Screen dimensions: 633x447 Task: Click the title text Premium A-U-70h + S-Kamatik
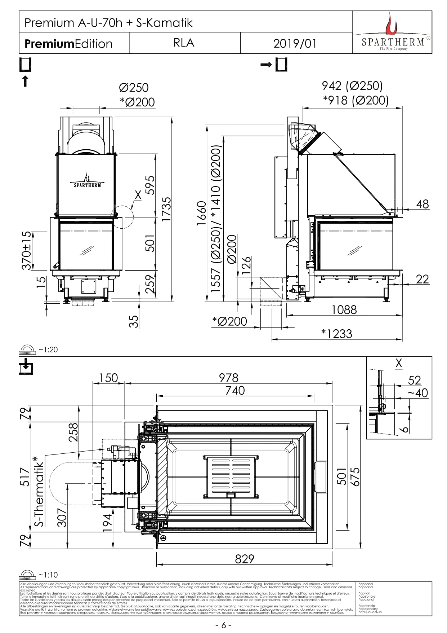point(108,23)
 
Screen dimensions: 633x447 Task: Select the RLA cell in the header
point(184,43)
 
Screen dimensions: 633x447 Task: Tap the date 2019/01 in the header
point(295,43)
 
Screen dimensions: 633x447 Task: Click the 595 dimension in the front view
point(150,185)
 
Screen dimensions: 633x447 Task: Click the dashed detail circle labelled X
point(122,217)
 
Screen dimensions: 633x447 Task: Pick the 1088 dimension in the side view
point(344,309)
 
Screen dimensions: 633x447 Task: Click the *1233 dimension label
point(336,334)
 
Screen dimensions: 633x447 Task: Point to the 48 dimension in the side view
point(422,204)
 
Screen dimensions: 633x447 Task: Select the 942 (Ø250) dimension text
point(352,86)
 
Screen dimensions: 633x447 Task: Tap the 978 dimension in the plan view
point(229,378)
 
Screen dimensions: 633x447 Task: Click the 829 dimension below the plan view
point(245,559)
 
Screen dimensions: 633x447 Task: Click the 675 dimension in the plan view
point(356,477)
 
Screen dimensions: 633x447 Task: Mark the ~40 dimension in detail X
point(418,393)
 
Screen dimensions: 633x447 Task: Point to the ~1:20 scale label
point(48,350)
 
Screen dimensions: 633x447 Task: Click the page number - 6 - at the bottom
point(223,625)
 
